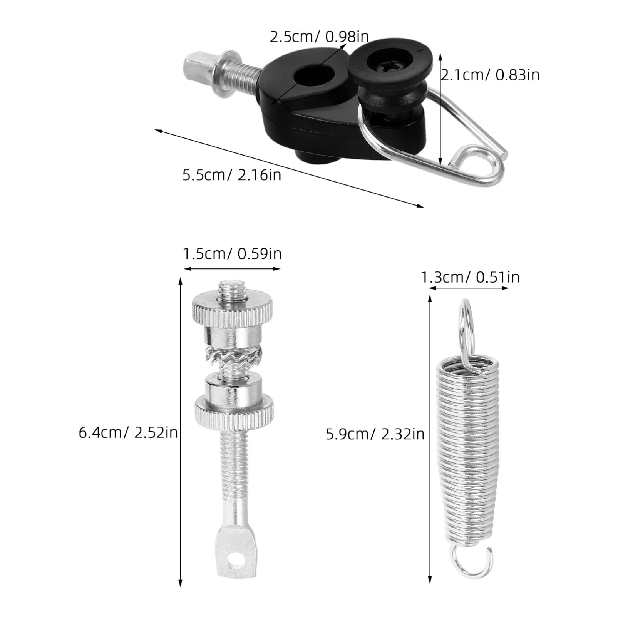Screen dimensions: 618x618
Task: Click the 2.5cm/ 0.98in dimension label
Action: (319, 37)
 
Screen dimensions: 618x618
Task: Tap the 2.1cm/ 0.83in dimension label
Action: (490, 75)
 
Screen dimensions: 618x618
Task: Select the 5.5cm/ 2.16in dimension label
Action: (232, 175)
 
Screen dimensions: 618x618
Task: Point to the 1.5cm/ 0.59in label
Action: (232, 254)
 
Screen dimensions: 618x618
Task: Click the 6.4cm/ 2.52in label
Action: (128, 433)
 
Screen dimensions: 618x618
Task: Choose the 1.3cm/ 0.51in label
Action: (469, 277)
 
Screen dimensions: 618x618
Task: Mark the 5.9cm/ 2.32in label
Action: (375, 434)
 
